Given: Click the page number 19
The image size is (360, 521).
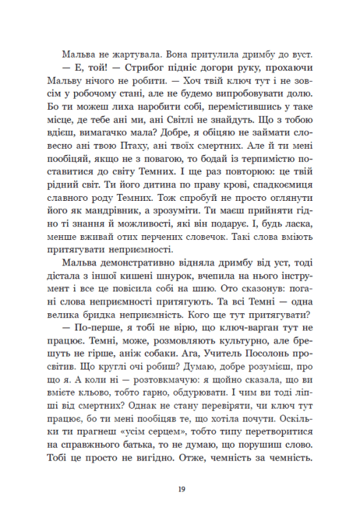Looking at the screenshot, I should pyautogui.click(x=180, y=487).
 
